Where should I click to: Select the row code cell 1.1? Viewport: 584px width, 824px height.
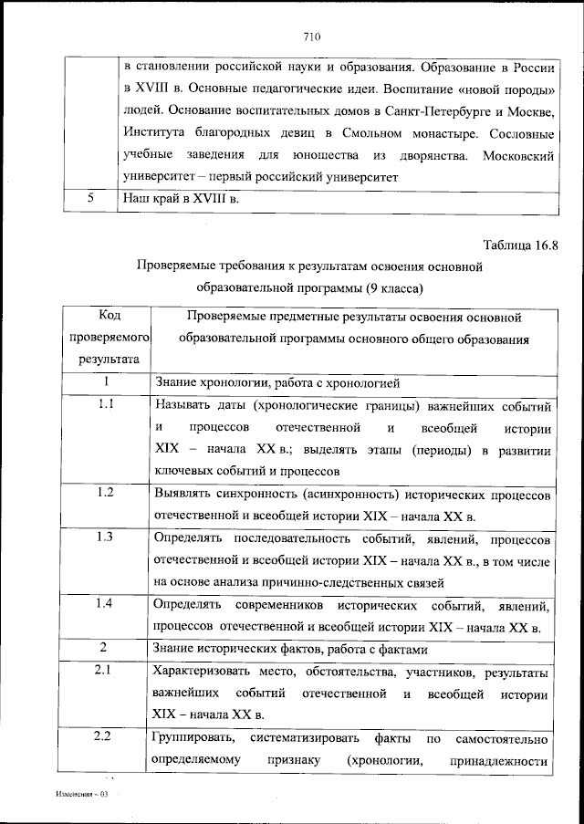[105, 406]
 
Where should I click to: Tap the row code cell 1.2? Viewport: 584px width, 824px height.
[105, 494]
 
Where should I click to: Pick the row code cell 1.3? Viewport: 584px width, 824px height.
[105, 537]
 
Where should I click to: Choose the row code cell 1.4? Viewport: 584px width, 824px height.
[105, 604]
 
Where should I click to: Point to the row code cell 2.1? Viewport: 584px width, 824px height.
[105, 672]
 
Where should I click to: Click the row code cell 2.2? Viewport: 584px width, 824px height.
[105, 736]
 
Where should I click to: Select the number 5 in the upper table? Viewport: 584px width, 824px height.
[92, 197]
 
